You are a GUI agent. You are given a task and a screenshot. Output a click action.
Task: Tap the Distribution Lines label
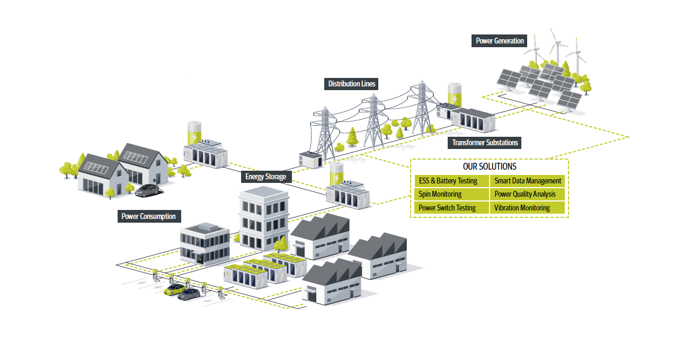pyautogui.click(x=352, y=84)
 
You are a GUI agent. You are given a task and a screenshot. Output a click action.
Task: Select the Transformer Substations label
pyautogui.click(x=485, y=143)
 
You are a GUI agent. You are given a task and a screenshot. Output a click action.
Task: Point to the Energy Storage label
pyautogui.click(x=265, y=177)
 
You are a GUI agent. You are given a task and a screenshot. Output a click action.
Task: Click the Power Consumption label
pyautogui.click(x=148, y=216)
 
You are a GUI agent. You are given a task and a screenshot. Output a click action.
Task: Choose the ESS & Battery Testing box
pyautogui.click(x=451, y=181)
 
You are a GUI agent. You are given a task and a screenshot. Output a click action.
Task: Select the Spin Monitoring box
pyautogui.click(x=451, y=194)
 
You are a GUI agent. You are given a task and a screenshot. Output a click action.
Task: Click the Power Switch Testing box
pyautogui.click(x=451, y=208)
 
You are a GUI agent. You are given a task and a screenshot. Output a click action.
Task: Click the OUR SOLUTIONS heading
pyautogui.click(x=490, y=166)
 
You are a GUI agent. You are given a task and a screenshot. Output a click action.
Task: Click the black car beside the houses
pyautogui.click(x=148, y=190)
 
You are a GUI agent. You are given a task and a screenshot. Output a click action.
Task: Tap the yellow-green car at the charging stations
pyautogui.click(x=174, y=289)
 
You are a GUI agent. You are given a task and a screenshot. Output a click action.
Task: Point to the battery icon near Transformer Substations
pyautogui.click(x=455, y=94)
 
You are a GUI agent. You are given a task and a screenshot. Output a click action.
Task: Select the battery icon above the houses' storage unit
pyautogui.click(x=196, y=133)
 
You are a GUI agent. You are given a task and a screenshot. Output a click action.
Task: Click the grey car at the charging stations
pyautogui.click(x=189, y=294)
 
